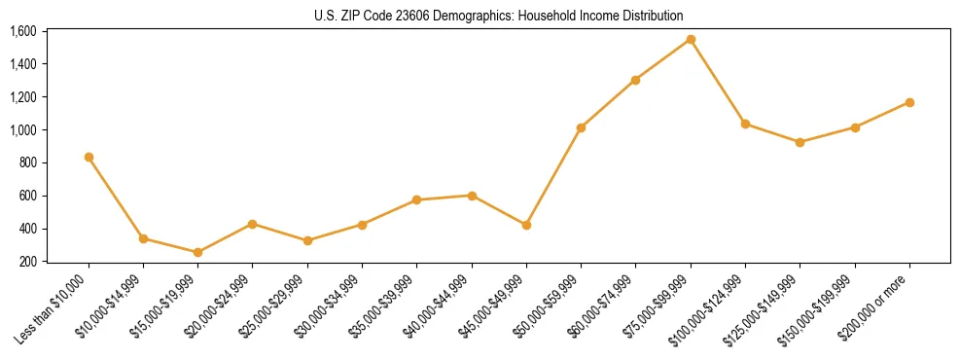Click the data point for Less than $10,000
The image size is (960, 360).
point(89,157)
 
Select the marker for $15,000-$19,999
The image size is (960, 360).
point(198,252)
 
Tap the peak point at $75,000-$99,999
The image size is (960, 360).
point(691,40)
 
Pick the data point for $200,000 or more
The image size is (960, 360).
point(909,102)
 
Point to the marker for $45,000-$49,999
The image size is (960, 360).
point(526,225)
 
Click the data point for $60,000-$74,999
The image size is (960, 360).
point(635,80)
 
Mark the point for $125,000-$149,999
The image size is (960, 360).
point(800,142)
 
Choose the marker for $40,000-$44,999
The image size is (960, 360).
point(472,196)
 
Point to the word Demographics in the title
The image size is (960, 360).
point(460,16)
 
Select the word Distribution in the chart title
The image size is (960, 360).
point(651,16)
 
